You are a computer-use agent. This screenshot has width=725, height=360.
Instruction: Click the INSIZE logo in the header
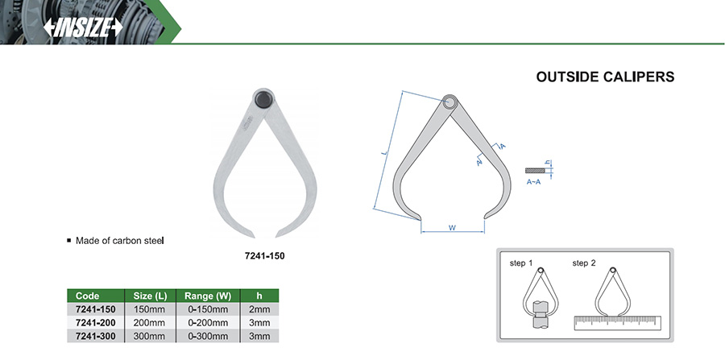click(x=83, y=27)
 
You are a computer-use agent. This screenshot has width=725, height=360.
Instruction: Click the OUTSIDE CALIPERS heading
click(x=605, y=77)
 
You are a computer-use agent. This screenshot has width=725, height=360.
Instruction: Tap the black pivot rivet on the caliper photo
click(x=263, y=99)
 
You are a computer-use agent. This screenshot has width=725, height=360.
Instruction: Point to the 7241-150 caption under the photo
click(x=264, y=255)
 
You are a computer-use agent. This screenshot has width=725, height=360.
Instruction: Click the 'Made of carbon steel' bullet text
click(x=120, y=241)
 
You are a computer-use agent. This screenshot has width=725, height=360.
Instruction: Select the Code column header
click(x=87, y=296)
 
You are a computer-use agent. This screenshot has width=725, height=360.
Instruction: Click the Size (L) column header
click(x=150, y=296)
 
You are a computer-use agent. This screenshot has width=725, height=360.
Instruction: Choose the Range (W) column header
click(x=208, y=296)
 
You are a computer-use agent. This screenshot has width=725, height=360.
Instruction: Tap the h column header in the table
click(x=259, y=296)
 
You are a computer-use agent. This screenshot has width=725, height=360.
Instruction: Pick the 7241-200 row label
click(x=96, y=322)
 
